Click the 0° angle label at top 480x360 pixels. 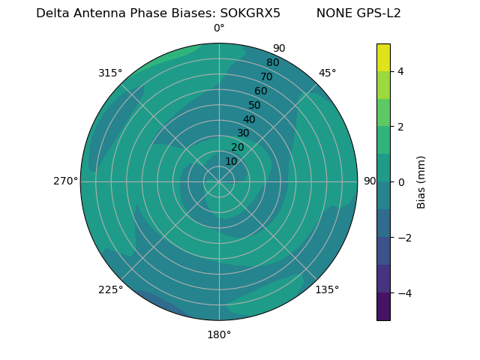tap(219, 28)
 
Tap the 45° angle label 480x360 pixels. tap(327, 73)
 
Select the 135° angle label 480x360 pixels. tap(327, 289)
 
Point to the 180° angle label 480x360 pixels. tap(219, 334)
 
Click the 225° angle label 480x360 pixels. tap(110, 290)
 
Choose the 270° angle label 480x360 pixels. tap(65, 181)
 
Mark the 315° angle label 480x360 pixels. tap(110, 73)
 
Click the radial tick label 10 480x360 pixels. tap(231, 161)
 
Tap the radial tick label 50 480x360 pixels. tap(255, 106)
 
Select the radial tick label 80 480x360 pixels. tap(273, 63)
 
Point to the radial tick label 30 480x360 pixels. tap(243, 133)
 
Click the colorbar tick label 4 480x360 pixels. tap(400, 71)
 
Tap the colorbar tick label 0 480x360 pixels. tap(400, 182)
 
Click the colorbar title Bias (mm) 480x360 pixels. tap(421, 181)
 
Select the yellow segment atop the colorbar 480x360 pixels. tap(383, 57)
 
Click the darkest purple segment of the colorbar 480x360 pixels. tap(383, 306)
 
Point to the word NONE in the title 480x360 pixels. tap(332, 13)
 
